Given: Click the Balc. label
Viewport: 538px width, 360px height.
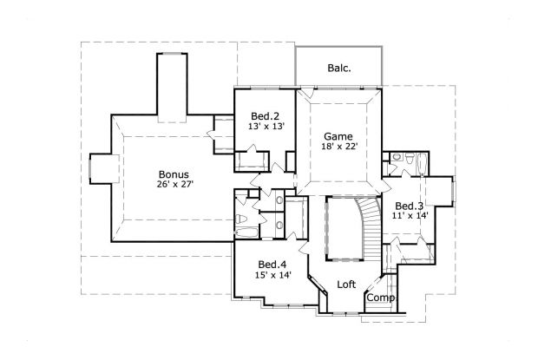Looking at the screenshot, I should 339,67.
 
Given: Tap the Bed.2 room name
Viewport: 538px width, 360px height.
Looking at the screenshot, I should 265,116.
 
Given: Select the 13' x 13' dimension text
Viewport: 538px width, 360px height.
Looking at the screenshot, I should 265,127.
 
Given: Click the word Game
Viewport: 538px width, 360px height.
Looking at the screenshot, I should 338,136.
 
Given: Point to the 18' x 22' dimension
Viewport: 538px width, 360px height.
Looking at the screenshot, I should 338,147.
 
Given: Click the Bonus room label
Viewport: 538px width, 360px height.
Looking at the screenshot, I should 174,173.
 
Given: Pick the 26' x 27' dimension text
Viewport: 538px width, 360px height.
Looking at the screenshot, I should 174,184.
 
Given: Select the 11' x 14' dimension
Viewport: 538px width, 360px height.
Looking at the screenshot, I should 410,215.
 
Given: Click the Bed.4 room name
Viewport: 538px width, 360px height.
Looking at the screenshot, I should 272,265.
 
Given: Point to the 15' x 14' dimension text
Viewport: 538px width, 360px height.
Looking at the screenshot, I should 272,276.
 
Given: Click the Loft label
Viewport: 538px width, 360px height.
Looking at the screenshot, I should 346,284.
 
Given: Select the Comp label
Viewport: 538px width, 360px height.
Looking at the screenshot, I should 380,298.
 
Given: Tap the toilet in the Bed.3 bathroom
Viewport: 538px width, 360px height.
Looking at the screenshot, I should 396,159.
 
